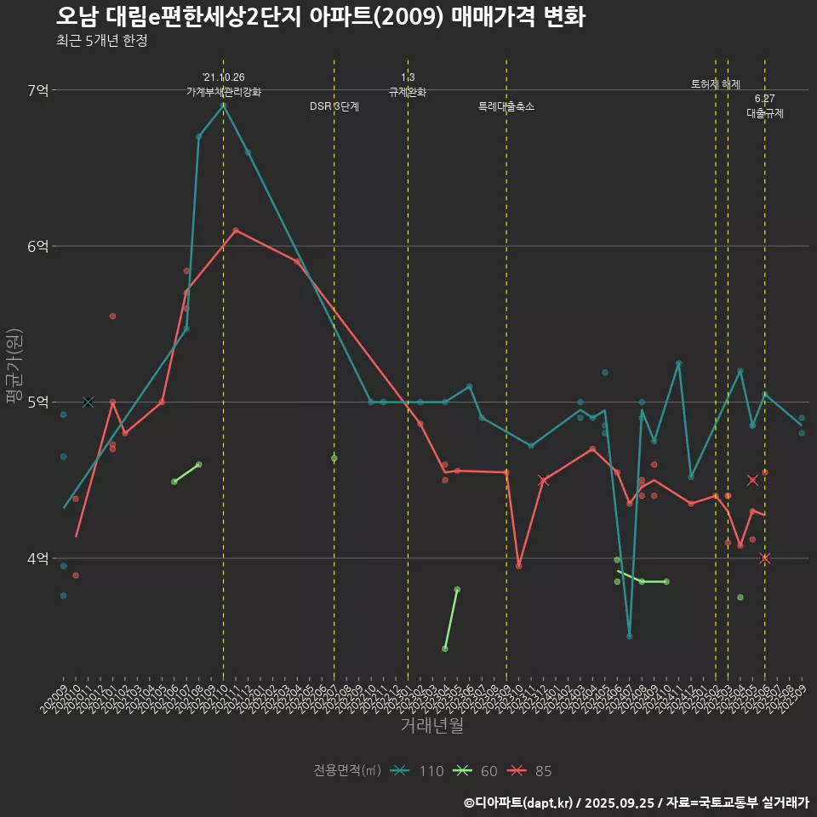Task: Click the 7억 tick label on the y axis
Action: tap(38, 90)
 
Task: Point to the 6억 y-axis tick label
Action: tap(38, 246)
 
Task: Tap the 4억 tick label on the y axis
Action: tap(38, 558)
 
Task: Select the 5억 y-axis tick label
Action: tap(38, 402)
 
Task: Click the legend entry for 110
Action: tap(417, 771)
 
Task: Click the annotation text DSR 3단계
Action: tap(334, 106)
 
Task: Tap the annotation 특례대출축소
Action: tap(506, 106)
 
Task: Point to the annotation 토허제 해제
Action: tap(716, 84)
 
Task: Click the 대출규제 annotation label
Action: tap(765, 112)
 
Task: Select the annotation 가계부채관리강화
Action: tap(224, 91)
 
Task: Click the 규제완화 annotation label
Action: tap(408, 91)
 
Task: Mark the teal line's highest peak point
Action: tap(223, 105)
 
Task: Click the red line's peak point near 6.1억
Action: tap(236, 230)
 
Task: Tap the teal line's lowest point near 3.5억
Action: tap(629, 636)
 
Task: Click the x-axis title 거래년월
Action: tap(431, 726)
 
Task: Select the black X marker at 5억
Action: tap(88, 402)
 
